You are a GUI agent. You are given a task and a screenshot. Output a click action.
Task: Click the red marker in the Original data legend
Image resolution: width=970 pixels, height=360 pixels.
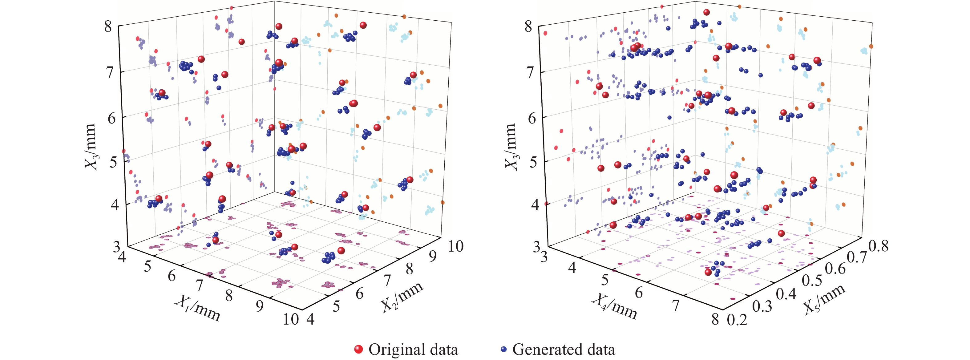(x=358, y=349)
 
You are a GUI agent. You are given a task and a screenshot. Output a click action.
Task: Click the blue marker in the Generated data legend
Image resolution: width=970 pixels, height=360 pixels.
(x=504, y=349)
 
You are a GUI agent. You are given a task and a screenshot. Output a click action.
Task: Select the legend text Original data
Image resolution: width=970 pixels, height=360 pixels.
(x=413, y=349)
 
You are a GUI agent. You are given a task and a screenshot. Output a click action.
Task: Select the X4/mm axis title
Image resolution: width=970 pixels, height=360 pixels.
(x=614, y=306)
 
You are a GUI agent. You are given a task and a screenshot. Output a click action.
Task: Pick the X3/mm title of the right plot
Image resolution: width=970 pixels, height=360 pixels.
(x=511, y=147)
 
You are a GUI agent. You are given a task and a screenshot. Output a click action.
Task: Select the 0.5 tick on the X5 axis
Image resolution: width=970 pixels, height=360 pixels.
(x=812, y=281)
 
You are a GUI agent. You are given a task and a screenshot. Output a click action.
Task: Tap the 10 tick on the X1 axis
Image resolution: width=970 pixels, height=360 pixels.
(x=291, y=319)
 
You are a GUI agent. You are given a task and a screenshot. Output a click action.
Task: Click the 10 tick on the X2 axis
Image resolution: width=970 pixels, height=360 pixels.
(x=456, y=246)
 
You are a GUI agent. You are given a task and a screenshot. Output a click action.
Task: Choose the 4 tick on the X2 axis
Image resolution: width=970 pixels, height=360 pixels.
(x=310, y=319)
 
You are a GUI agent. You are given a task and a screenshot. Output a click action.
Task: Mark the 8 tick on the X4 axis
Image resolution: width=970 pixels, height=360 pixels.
(x=715, y=319)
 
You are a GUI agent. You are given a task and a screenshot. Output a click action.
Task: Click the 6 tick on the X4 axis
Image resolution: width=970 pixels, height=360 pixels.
(x=639, y=292)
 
